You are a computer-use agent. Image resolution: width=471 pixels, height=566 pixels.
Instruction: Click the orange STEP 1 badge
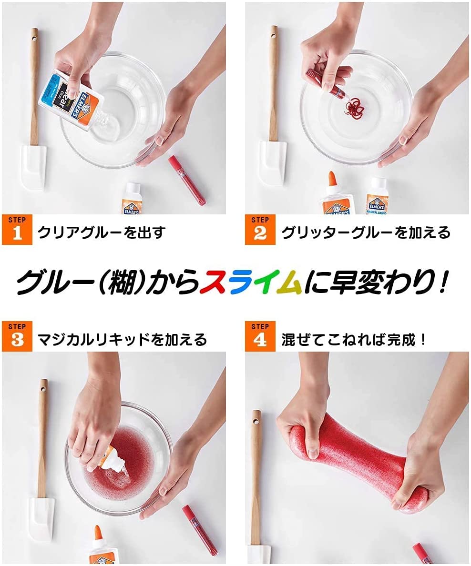pos(17,230)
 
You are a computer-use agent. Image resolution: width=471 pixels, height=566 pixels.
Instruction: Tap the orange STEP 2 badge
pos(260,230)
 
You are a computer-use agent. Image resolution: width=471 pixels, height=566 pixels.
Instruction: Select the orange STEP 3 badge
pos(17,336)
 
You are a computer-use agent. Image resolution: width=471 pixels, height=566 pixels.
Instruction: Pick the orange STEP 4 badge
pos(260,336)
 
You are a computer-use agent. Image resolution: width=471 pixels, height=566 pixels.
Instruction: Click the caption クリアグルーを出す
pos(102,232)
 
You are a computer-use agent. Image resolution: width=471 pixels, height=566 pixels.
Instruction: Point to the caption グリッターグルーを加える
pos(366,232)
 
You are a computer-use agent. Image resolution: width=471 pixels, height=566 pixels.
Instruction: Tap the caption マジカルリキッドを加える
pos(122,339)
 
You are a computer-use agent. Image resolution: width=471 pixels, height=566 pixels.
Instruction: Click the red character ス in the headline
pos(215,282)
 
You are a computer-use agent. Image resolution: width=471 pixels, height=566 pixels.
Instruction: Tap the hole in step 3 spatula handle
pos(43,390)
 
